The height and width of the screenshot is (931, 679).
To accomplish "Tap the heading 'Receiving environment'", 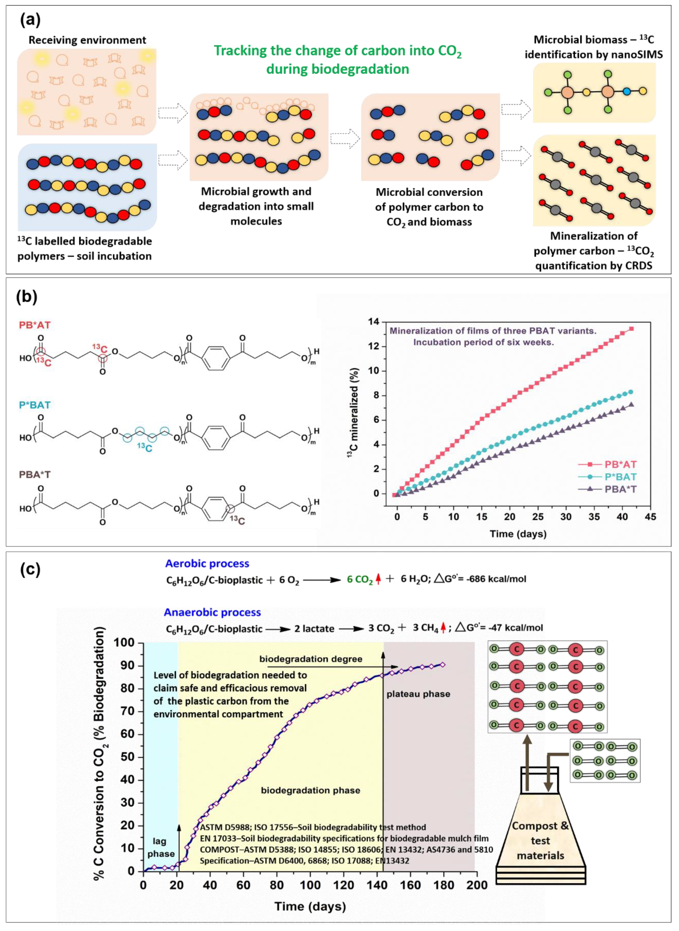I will [87, 40].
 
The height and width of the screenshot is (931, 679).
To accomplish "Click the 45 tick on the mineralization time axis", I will [650, 517].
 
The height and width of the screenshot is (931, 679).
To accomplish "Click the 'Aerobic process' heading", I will [207, 563].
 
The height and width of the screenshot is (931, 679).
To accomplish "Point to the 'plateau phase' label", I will [418, 694].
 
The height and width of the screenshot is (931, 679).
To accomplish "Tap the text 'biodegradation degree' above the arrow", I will [311, 659].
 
